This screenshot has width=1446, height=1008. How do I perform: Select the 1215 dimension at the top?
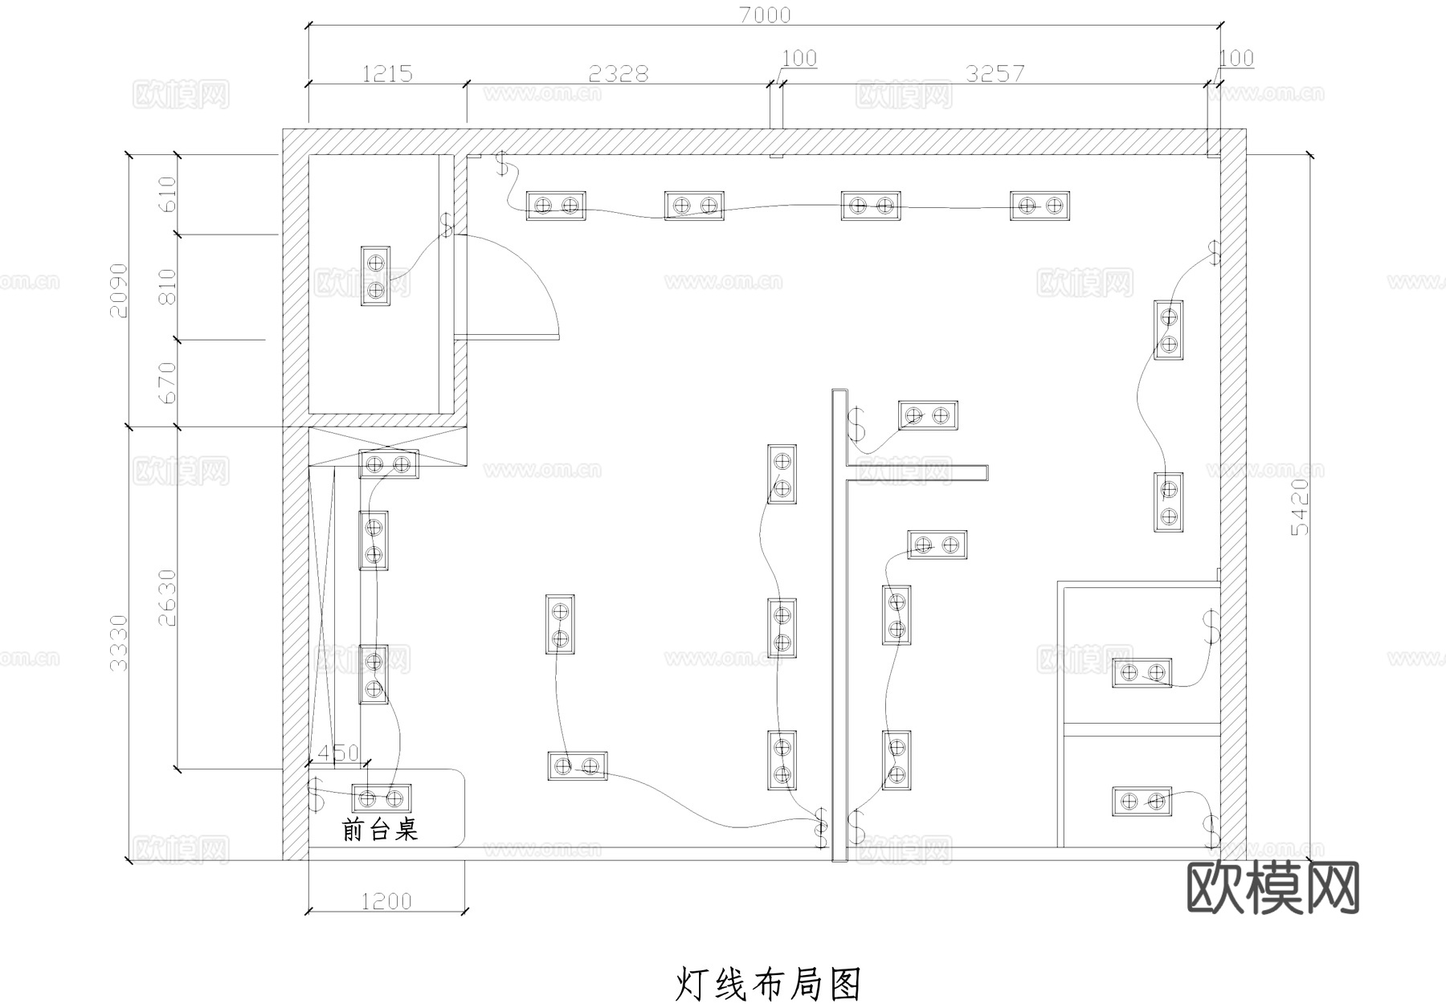387,74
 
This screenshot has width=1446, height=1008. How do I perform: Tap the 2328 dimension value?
618,74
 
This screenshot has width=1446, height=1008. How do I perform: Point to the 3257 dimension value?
995,74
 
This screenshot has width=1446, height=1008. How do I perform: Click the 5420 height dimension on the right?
1299,507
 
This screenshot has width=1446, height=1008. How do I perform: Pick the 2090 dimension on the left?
118,290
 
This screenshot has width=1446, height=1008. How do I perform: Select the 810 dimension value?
167,287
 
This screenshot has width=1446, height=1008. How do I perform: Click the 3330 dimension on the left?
118,643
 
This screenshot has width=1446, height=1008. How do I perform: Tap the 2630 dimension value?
167,598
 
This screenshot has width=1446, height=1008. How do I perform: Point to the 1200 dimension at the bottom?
386,901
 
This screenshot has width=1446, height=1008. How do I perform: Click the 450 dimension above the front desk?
338,753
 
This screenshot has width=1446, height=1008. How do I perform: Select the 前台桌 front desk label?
380,829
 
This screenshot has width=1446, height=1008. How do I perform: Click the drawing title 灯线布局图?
768,984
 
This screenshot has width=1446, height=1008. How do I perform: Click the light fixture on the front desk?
381,798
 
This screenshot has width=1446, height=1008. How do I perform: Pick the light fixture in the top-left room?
374,276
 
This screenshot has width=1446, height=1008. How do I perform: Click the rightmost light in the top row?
1040,206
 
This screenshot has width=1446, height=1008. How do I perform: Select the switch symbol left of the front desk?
316,794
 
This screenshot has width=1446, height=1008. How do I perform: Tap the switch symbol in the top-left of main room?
503,164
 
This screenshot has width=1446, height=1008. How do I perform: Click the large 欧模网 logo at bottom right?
1273,888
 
